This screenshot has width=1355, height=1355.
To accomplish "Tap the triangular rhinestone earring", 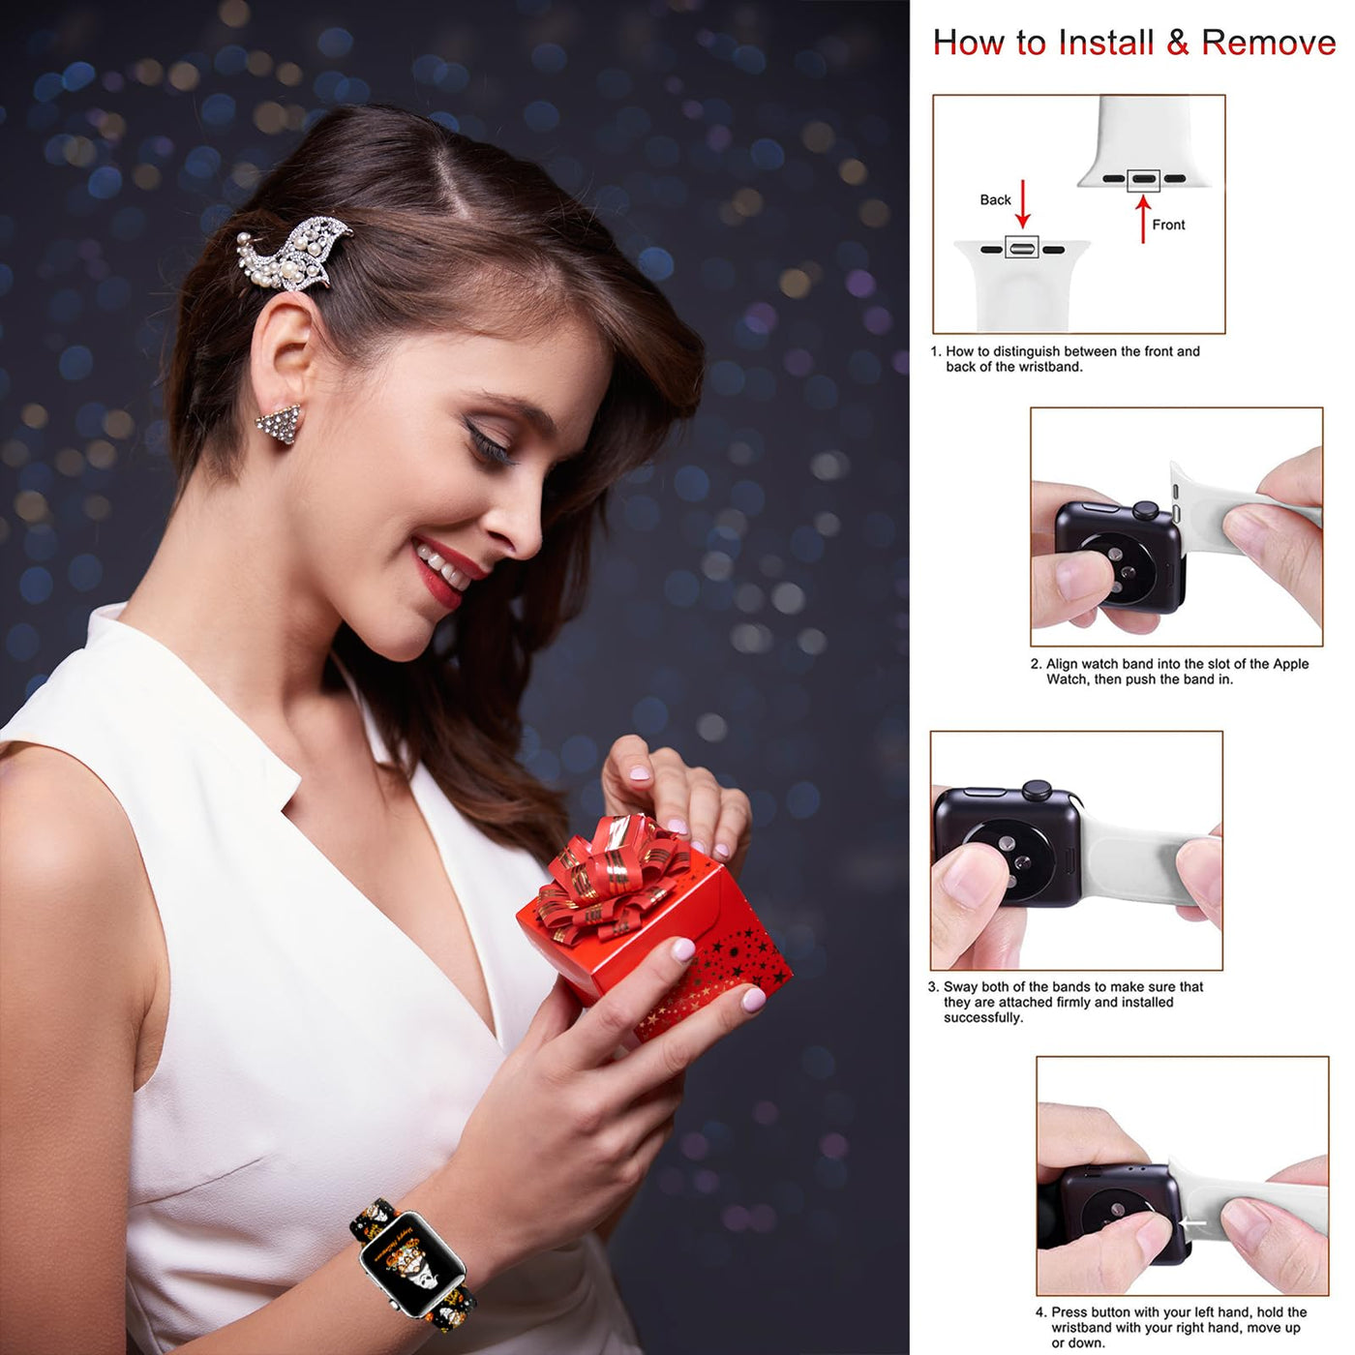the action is point(280,423).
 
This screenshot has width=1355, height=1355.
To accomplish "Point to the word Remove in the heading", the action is point(1269,43).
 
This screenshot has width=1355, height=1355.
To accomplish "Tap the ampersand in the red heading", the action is point(1178,43).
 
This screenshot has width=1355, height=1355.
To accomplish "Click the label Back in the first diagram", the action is point(995,199).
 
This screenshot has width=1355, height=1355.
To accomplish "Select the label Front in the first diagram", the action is point(1168,225).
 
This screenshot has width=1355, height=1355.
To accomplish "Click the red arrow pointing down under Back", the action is point(1022,203).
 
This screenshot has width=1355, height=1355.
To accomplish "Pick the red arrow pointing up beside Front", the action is point(1143,220).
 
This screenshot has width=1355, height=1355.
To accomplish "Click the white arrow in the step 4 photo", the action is point(1192,1222).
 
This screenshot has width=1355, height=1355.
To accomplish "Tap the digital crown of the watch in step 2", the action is point(1145,510).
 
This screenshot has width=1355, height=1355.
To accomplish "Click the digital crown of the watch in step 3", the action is point(1038,791).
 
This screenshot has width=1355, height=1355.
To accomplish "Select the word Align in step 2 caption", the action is point(1063,664).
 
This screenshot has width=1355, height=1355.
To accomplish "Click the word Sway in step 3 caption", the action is point(960,986).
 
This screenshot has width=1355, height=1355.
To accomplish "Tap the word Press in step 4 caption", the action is point(1070,1312).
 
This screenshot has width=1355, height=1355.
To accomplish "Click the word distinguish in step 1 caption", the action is point(1028,351).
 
